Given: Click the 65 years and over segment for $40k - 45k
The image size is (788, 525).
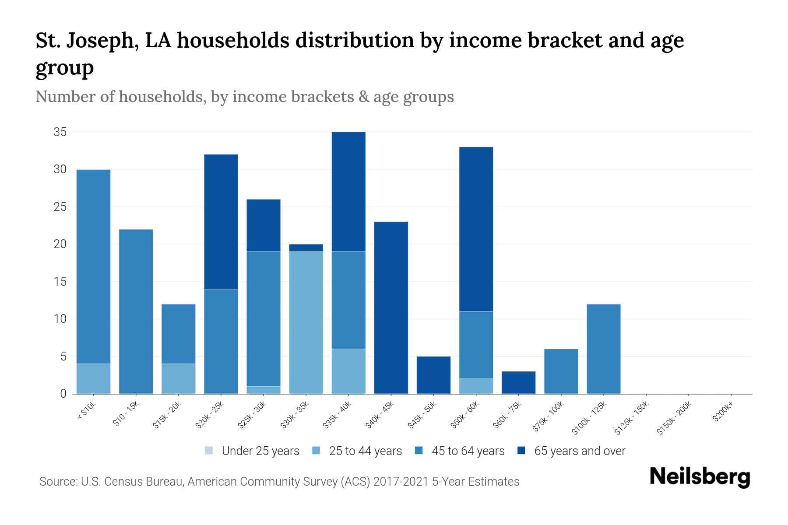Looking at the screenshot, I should click(x=391, y=308).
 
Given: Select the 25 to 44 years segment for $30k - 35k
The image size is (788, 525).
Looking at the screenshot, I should click(x=306, y=322).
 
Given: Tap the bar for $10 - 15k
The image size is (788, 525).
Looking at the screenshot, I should click(x=136, y=311).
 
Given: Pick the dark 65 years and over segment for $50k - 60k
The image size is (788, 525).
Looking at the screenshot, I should click(x=476, y=229).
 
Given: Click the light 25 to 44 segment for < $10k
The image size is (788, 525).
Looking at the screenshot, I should click(x=93, y=378).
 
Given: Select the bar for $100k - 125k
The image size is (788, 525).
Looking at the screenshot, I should click(x=603, y=349).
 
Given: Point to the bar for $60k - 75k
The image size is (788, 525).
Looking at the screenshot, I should click(x=518, y=382).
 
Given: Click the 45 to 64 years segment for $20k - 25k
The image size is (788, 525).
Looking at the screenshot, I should click(x=221, y=341).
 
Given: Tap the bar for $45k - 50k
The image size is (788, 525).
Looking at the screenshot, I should click(x=433, y=375).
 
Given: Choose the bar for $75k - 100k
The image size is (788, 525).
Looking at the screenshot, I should click(x=561, y=371).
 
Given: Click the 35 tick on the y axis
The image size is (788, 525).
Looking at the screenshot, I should click(x=60, y=132).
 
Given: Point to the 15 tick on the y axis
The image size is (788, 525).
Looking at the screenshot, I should click(x=60, y=281).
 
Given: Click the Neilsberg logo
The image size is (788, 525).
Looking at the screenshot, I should click(x=700, y=477).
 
